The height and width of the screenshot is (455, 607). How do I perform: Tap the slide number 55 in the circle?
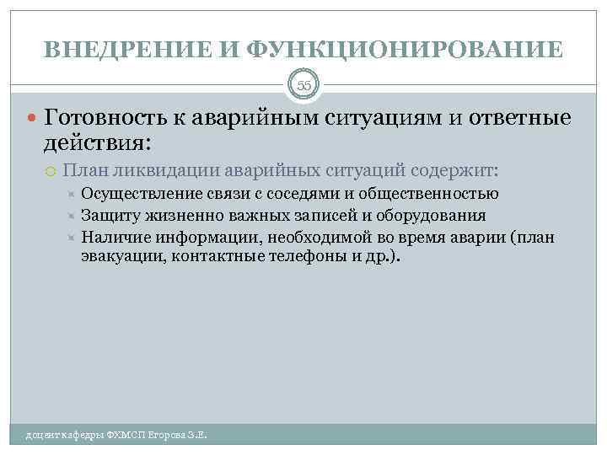[303, 84]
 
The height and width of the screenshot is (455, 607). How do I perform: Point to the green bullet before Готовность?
[32, 117]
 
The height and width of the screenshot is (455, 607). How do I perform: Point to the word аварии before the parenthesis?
[482, 237]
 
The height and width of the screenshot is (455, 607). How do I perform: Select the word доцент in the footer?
[40, 436]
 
